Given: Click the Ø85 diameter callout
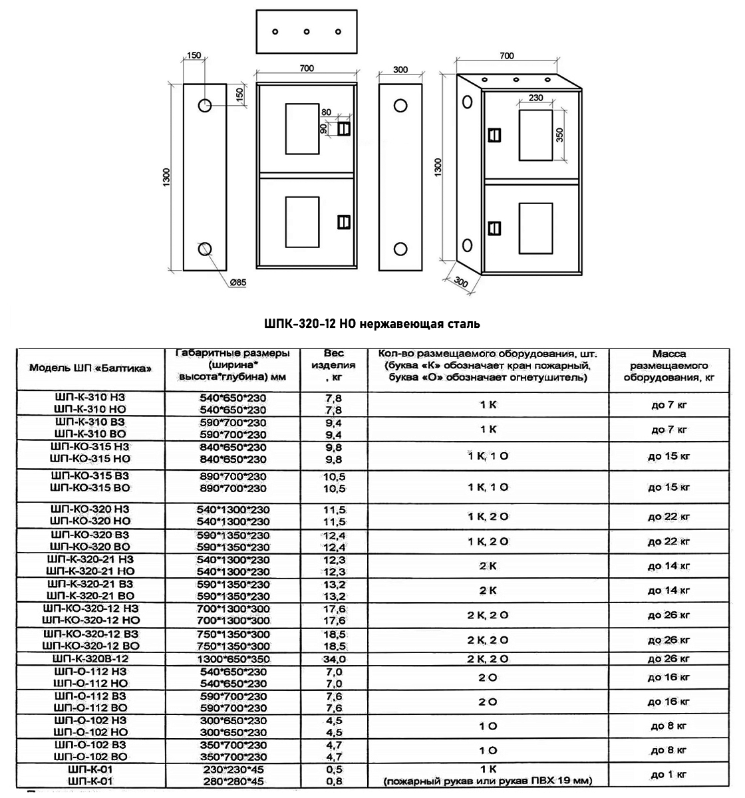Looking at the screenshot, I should (237, 283).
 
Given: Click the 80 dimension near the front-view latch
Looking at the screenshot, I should (325, 112).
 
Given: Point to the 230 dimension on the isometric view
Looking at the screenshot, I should (536, 98).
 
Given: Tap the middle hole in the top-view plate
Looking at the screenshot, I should (307, 32).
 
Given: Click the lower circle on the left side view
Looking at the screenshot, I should (205, 249).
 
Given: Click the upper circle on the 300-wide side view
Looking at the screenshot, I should (400, 105).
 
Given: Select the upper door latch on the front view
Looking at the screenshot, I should (343, 128).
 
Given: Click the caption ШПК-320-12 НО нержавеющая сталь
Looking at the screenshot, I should (372, 324).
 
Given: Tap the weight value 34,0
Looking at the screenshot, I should (334, 659).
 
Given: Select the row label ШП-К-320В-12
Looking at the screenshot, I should (90, 659).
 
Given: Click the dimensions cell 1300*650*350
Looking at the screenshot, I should (233, 659).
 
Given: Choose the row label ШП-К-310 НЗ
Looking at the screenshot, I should (90, 398).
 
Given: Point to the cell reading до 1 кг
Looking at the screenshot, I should (670, 774).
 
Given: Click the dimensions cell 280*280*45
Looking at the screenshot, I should (233, 781).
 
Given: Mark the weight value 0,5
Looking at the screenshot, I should (334, 769).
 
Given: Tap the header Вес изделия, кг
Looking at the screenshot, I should (334, 366).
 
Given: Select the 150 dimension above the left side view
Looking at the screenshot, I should (194, 56).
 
